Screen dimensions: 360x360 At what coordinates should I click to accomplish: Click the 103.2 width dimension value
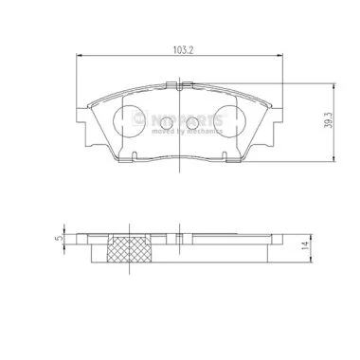tap(183, 49)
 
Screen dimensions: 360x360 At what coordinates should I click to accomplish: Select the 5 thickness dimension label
tap(58, 238)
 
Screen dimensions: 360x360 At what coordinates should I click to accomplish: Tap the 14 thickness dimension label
tap(305, 245)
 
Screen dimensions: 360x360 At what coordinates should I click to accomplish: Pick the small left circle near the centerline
tap(167, 122)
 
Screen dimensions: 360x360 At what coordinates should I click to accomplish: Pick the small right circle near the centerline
tap(192, 122)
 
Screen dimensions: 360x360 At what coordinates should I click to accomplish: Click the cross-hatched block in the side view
tap(130, 249)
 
